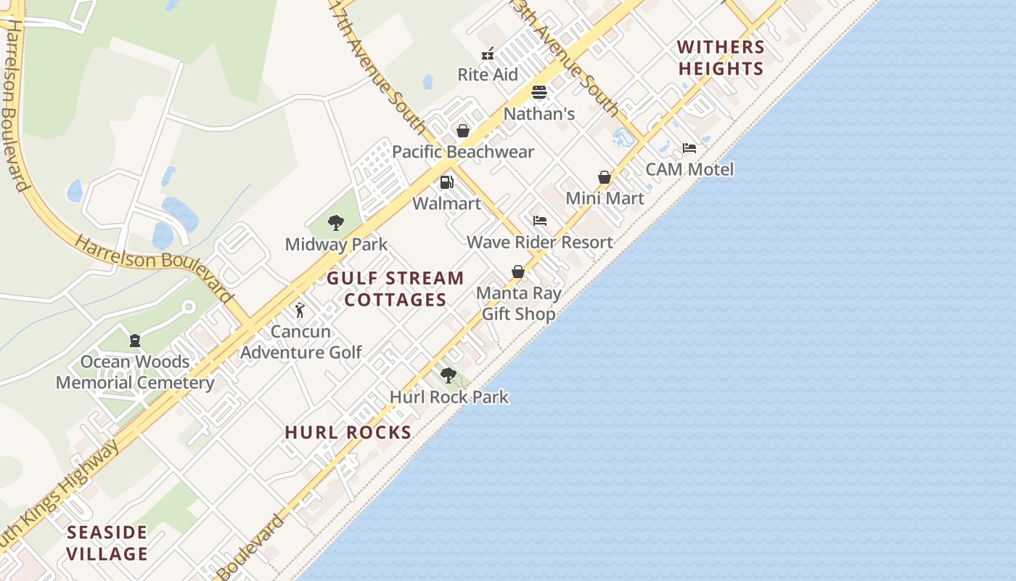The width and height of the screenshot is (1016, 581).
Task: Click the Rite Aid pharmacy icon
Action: coord(488,54)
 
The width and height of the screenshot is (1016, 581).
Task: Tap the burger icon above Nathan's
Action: coord(538,92)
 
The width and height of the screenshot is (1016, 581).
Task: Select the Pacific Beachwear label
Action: coord(463,152)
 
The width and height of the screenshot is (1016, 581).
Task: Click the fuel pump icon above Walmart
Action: coord(447,182)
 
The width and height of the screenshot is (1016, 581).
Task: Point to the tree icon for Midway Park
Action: coord(335,223)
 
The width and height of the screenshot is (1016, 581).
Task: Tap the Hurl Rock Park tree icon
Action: coord(448,375)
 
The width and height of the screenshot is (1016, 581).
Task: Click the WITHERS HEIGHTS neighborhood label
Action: coord(721,58)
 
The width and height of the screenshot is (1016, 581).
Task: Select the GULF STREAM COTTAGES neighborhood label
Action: coord(396,289)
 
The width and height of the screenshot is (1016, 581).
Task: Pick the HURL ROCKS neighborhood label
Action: coord(348,433)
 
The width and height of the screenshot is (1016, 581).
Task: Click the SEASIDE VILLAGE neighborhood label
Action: coord(107,543)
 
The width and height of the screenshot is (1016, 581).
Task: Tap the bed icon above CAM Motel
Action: coord(689,148)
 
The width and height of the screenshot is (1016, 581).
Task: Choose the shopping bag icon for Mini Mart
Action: coord(605,177)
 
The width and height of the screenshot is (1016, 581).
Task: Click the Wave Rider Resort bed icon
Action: coord(539,221)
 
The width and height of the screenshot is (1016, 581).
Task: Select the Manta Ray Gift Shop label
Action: coord(518,304)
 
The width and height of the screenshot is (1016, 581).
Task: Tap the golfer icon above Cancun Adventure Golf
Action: coord(300,311)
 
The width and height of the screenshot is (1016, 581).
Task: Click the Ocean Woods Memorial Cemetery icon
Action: coord(134,340)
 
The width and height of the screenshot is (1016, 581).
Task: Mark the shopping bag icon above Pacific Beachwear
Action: coord(462,131)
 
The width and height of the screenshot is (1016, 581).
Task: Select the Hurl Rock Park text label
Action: coord(449,397)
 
